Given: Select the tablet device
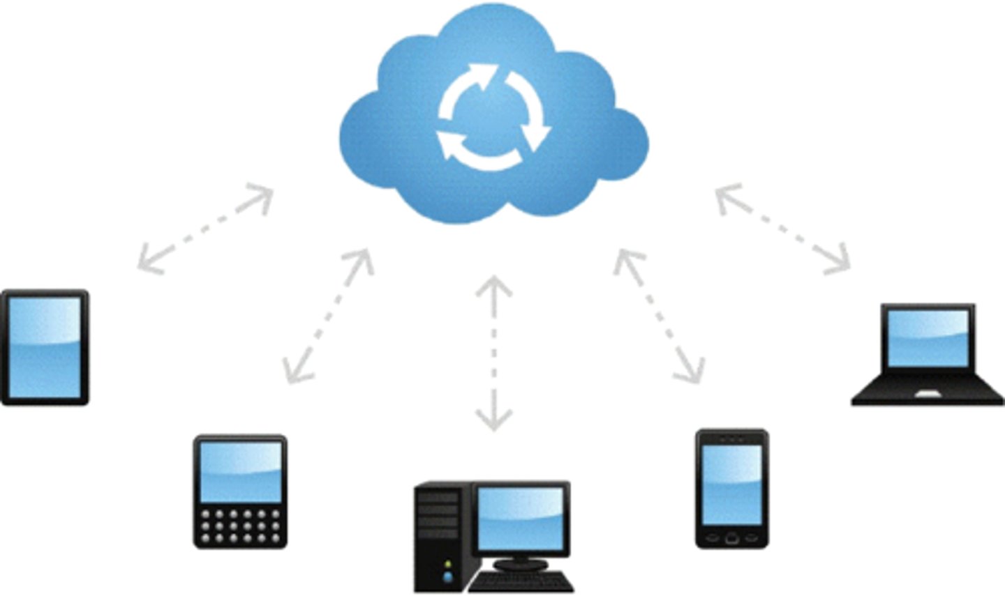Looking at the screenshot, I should point(45,347).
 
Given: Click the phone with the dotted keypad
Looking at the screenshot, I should point(240,491).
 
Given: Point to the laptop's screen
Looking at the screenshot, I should point(928,338).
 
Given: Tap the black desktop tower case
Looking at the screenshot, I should point(439,537).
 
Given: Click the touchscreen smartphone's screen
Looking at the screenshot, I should point(731,484).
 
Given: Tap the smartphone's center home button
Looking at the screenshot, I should point(731,537).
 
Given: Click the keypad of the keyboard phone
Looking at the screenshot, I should point(240,526).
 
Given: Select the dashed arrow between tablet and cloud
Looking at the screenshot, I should point(204,229).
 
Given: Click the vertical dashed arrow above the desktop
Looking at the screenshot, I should point(493,352).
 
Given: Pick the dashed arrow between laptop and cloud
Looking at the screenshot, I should point(783,229).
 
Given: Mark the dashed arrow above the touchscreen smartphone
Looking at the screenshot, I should point(659,316).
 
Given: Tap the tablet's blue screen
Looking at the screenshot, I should point(45,346).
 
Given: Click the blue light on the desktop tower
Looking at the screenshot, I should point(447,577).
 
